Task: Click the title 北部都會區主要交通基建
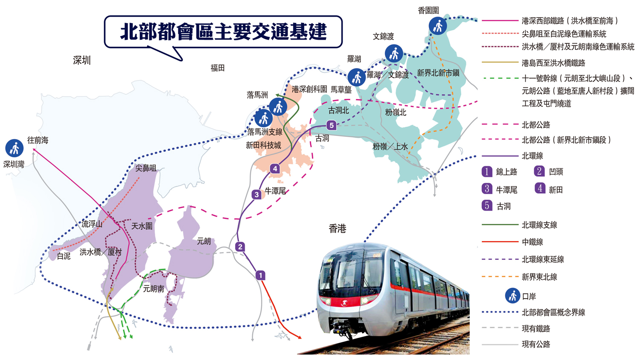(x=223, y=32)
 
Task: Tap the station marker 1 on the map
(x=260, y=276)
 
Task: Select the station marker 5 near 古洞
(x=331, y=125)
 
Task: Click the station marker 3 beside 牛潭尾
(x=256, y=195)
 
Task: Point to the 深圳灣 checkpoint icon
(x=14, y=148)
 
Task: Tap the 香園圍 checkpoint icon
(x=438, y=26)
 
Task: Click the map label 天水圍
(x=142, y=226)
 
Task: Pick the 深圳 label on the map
(x=81, y=61)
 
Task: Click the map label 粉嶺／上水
(x=390, y=147)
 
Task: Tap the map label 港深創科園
(x=309, y=89)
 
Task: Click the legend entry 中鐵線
(x=532, y=242)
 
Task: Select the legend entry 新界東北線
(x=539, y=277)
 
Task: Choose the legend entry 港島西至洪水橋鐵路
(x=553, y=63)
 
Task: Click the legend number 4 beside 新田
(x=540, y=188)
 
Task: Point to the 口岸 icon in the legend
(x=512, y=296)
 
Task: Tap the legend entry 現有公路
(x=536, y=344)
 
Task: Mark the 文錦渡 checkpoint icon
(x=393, y=53)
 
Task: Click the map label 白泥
(x=64, y=256)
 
